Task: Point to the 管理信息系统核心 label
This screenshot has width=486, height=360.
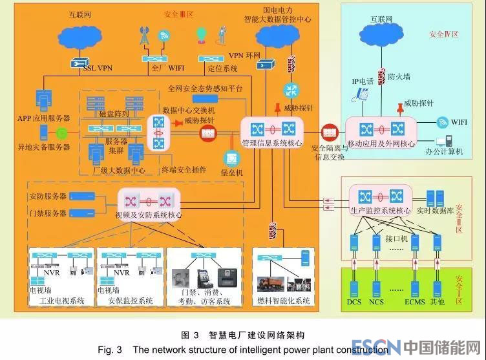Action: tap(272, 142)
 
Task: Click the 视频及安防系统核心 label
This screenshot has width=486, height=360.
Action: tap(148, 215)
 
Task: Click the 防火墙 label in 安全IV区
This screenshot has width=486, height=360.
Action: tap(399, 76)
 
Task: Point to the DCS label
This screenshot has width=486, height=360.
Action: tap(353, 301)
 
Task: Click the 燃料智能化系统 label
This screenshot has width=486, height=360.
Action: tap(284, 301)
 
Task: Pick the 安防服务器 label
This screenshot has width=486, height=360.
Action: tap(48, 196)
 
